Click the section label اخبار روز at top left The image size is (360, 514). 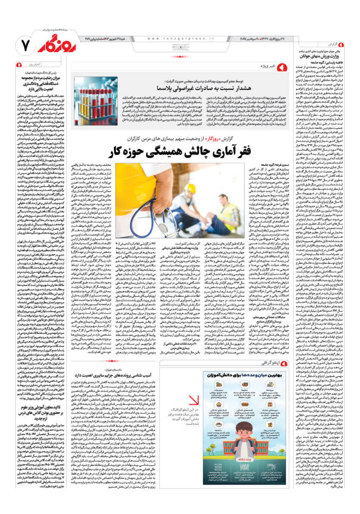[x=32, y=64]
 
